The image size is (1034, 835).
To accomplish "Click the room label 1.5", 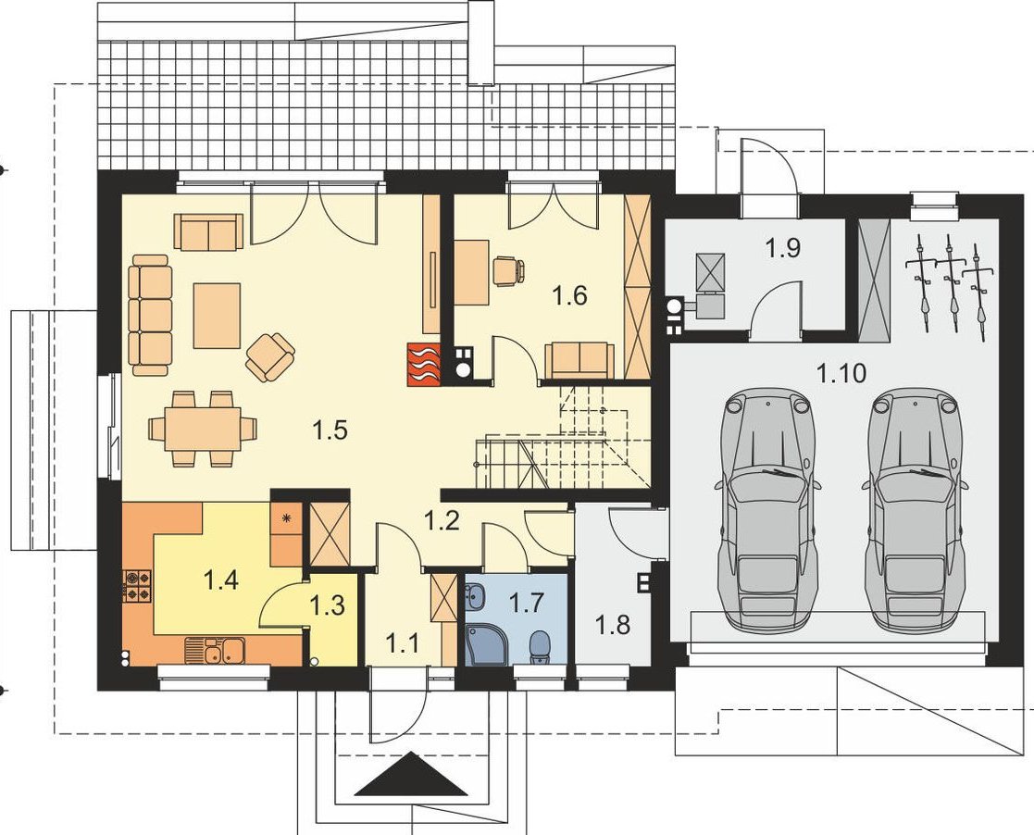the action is (x=330, y=430).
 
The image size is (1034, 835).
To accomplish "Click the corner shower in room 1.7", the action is (x=487, y=644).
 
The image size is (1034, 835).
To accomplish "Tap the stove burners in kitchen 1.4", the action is (x=137, y=586).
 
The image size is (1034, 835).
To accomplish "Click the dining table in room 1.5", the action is (x=203, y=429).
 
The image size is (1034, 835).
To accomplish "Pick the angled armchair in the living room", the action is (x=270, y=356).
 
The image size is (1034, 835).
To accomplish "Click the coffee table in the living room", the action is (x=217, y=316).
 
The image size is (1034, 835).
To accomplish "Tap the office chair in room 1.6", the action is (x=508, y=270).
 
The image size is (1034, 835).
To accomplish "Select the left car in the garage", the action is (x=766, y=509).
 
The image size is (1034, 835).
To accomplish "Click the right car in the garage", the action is (x=914, y=509).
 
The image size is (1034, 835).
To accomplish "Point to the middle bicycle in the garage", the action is (x=951, y=280).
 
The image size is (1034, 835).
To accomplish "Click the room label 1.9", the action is (x=783, y=248).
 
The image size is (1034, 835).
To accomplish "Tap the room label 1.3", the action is (x=327, y=605).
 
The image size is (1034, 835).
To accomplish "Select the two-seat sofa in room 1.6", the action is (x=579, y=361).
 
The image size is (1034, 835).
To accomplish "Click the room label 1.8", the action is (x=614, y=624).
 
